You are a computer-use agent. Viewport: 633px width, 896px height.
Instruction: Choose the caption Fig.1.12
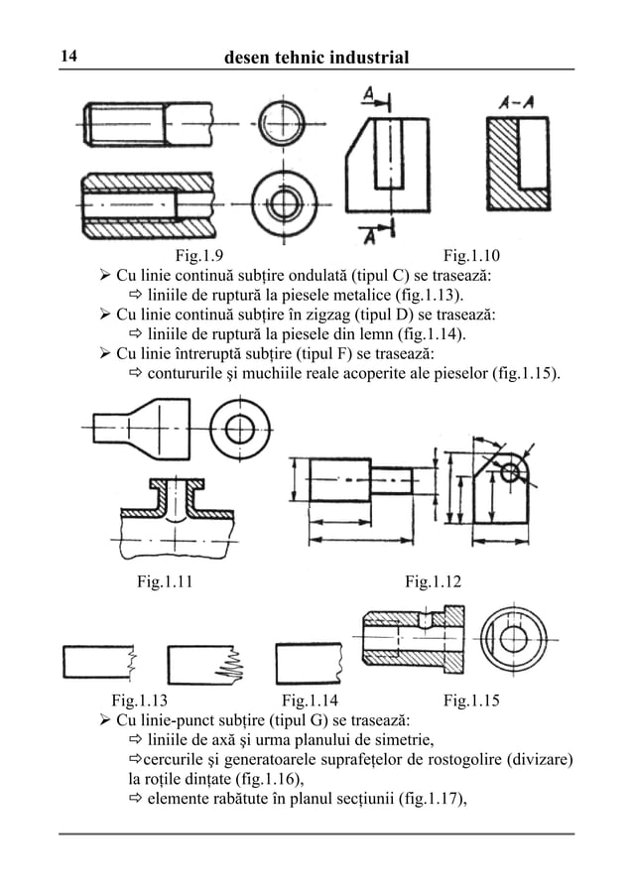point(434,581)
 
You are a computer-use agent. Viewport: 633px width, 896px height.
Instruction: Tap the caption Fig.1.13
point(140,701)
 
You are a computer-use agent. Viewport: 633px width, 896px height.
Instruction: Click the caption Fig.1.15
point(472,701)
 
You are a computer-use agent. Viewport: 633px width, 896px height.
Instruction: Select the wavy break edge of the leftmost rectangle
point(131,661)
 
